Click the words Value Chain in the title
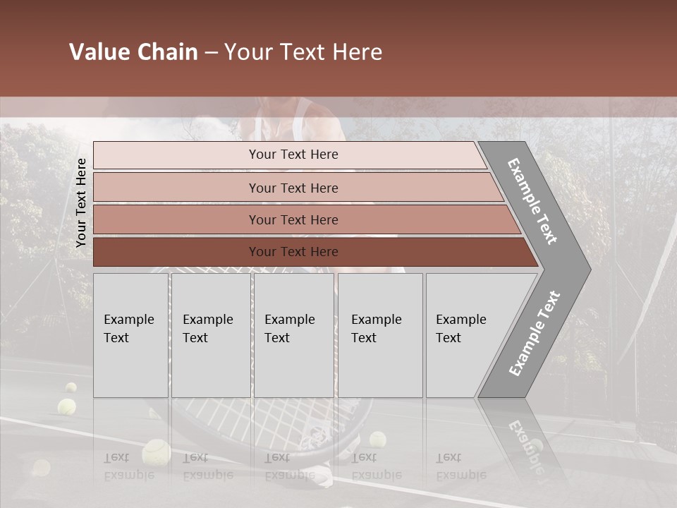pos(133,52)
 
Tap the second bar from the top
pos(293,188)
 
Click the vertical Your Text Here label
pos(82,202)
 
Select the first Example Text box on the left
pos(130,334)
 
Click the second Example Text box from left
pos(210,334)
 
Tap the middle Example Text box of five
pos(293,334)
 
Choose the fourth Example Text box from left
pos(379,334)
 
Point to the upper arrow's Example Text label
pos(532,201)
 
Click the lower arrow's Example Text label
pos(534,334)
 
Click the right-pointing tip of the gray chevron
pos(585,269)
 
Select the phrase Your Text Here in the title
pos(303,52)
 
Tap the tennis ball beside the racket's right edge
pos(378,440)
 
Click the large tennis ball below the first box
pos(155,453)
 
